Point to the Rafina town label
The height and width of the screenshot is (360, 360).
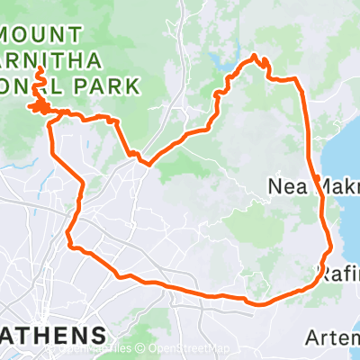click(337, 270)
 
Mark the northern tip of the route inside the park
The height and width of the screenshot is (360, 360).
click(40, 72)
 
